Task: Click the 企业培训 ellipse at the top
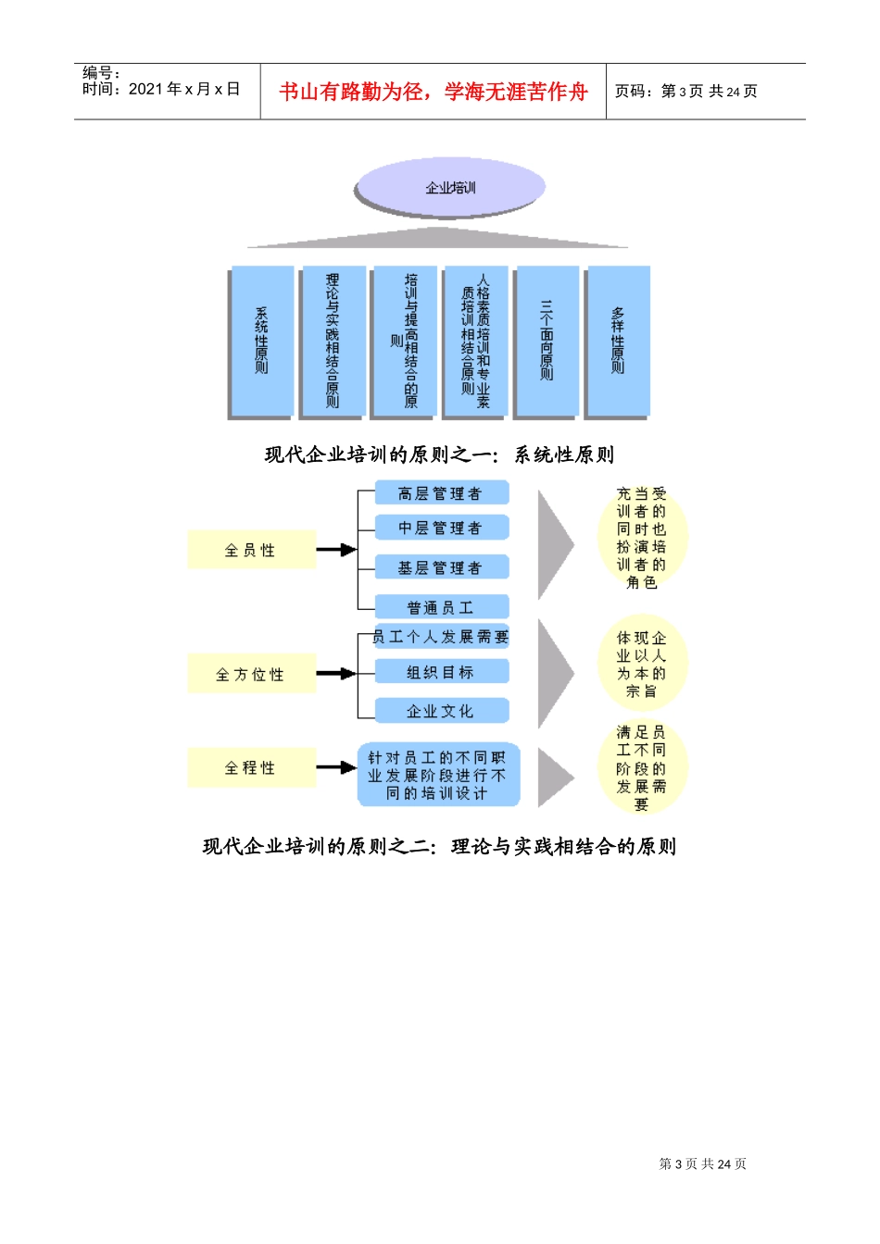[449, 188]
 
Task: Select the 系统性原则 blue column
[261, 341]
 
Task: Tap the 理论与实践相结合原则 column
[333, 341]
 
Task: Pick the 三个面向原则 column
[547, 341]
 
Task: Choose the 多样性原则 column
[618, 341]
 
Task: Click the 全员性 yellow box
[250, 550]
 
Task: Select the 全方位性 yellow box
[250, 674]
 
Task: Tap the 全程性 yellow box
[250, 767]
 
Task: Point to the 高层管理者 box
[441, 493]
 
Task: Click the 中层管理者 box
[441, 528]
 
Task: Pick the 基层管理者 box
[441, 567]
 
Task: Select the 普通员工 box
[441, 607]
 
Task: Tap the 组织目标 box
[441, 672]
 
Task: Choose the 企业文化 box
[441, 711]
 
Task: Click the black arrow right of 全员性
[336, 550]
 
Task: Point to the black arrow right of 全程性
[336, 767]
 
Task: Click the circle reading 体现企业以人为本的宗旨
[642, 665]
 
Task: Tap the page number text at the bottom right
[702, 1163]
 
